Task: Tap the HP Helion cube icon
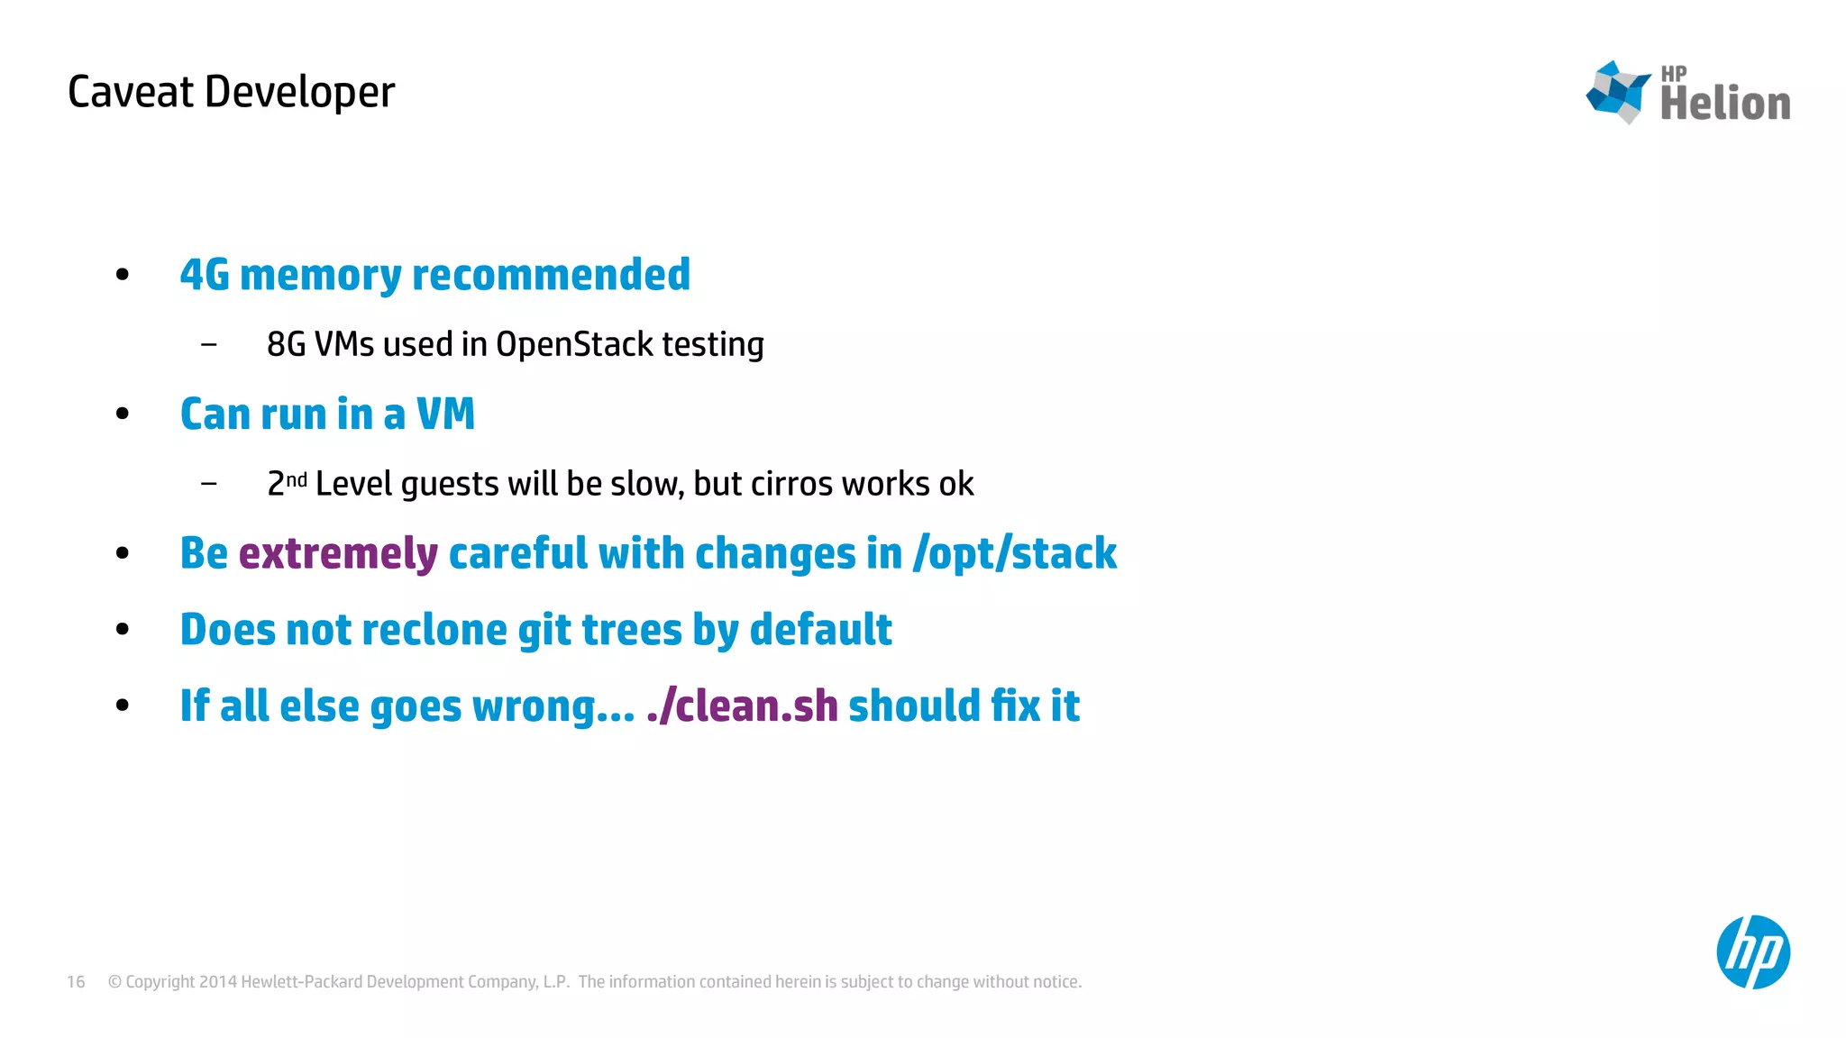(1618, 91)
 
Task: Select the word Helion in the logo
(1725, 103)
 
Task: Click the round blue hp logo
(1752, 951)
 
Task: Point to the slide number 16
(76, 981)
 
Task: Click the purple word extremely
(338, 553)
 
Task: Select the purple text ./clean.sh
(742, 706)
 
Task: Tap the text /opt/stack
(1015, 553)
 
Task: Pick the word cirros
(791, 484)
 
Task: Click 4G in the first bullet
(205, 275)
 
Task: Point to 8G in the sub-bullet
(286, 344)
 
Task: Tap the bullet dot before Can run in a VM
(123, 414)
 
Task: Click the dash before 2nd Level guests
(209, 484)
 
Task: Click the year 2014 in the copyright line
(217, 981)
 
